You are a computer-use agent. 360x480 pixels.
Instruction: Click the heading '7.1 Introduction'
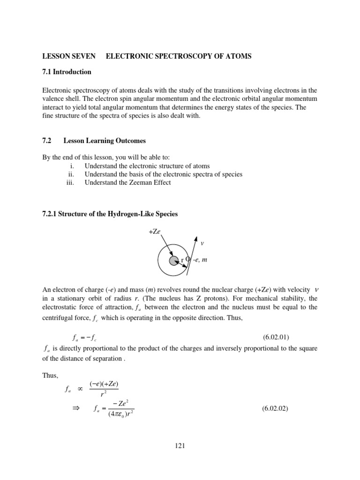(67, 72)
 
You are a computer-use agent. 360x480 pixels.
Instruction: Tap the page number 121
(180, 446)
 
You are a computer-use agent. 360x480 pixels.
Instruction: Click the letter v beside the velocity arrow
(202, 243)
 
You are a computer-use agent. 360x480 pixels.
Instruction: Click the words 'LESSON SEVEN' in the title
(69, 56)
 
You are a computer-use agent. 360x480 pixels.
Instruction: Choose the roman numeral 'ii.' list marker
(72, 174)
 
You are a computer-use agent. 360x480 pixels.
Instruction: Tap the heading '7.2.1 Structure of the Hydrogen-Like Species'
(110, 214)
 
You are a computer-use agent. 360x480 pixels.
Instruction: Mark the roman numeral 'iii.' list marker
(71, 182)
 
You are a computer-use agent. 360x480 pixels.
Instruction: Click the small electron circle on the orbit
(188, 259)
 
